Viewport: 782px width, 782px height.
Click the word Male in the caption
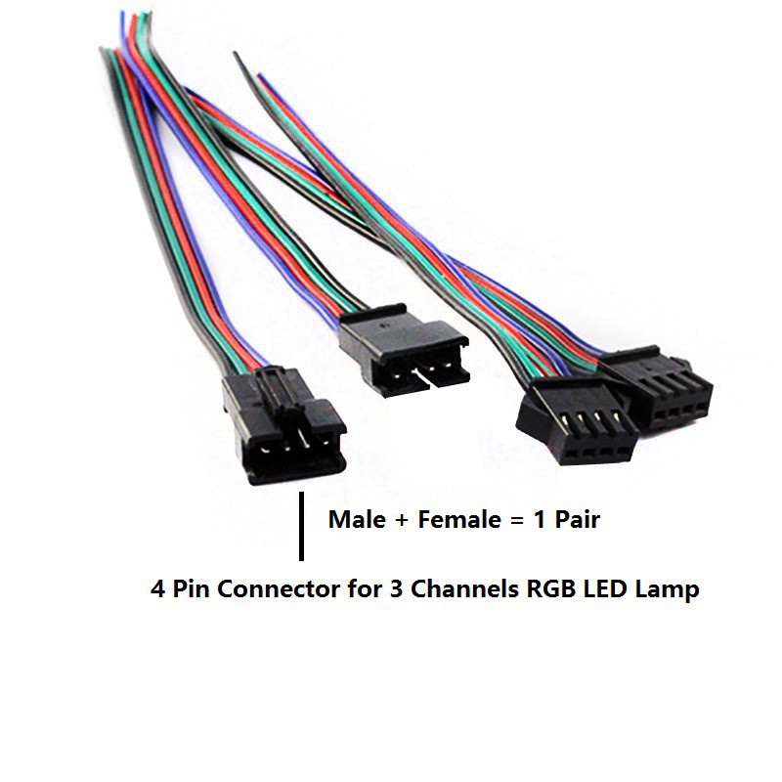[357, 520]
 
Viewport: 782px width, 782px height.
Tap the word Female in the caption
[459, 520]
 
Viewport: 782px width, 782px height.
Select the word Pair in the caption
[577, 520]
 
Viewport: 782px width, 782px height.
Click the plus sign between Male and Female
[402, 521]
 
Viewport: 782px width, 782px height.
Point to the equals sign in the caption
[517, 521]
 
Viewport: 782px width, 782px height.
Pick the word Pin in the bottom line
[191, 589]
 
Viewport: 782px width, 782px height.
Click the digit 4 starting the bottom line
[157, 589]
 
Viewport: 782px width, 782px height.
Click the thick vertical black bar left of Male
[301, 526]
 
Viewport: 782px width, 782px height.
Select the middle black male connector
[404, 350]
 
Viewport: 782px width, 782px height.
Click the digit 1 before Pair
[540, 520]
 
